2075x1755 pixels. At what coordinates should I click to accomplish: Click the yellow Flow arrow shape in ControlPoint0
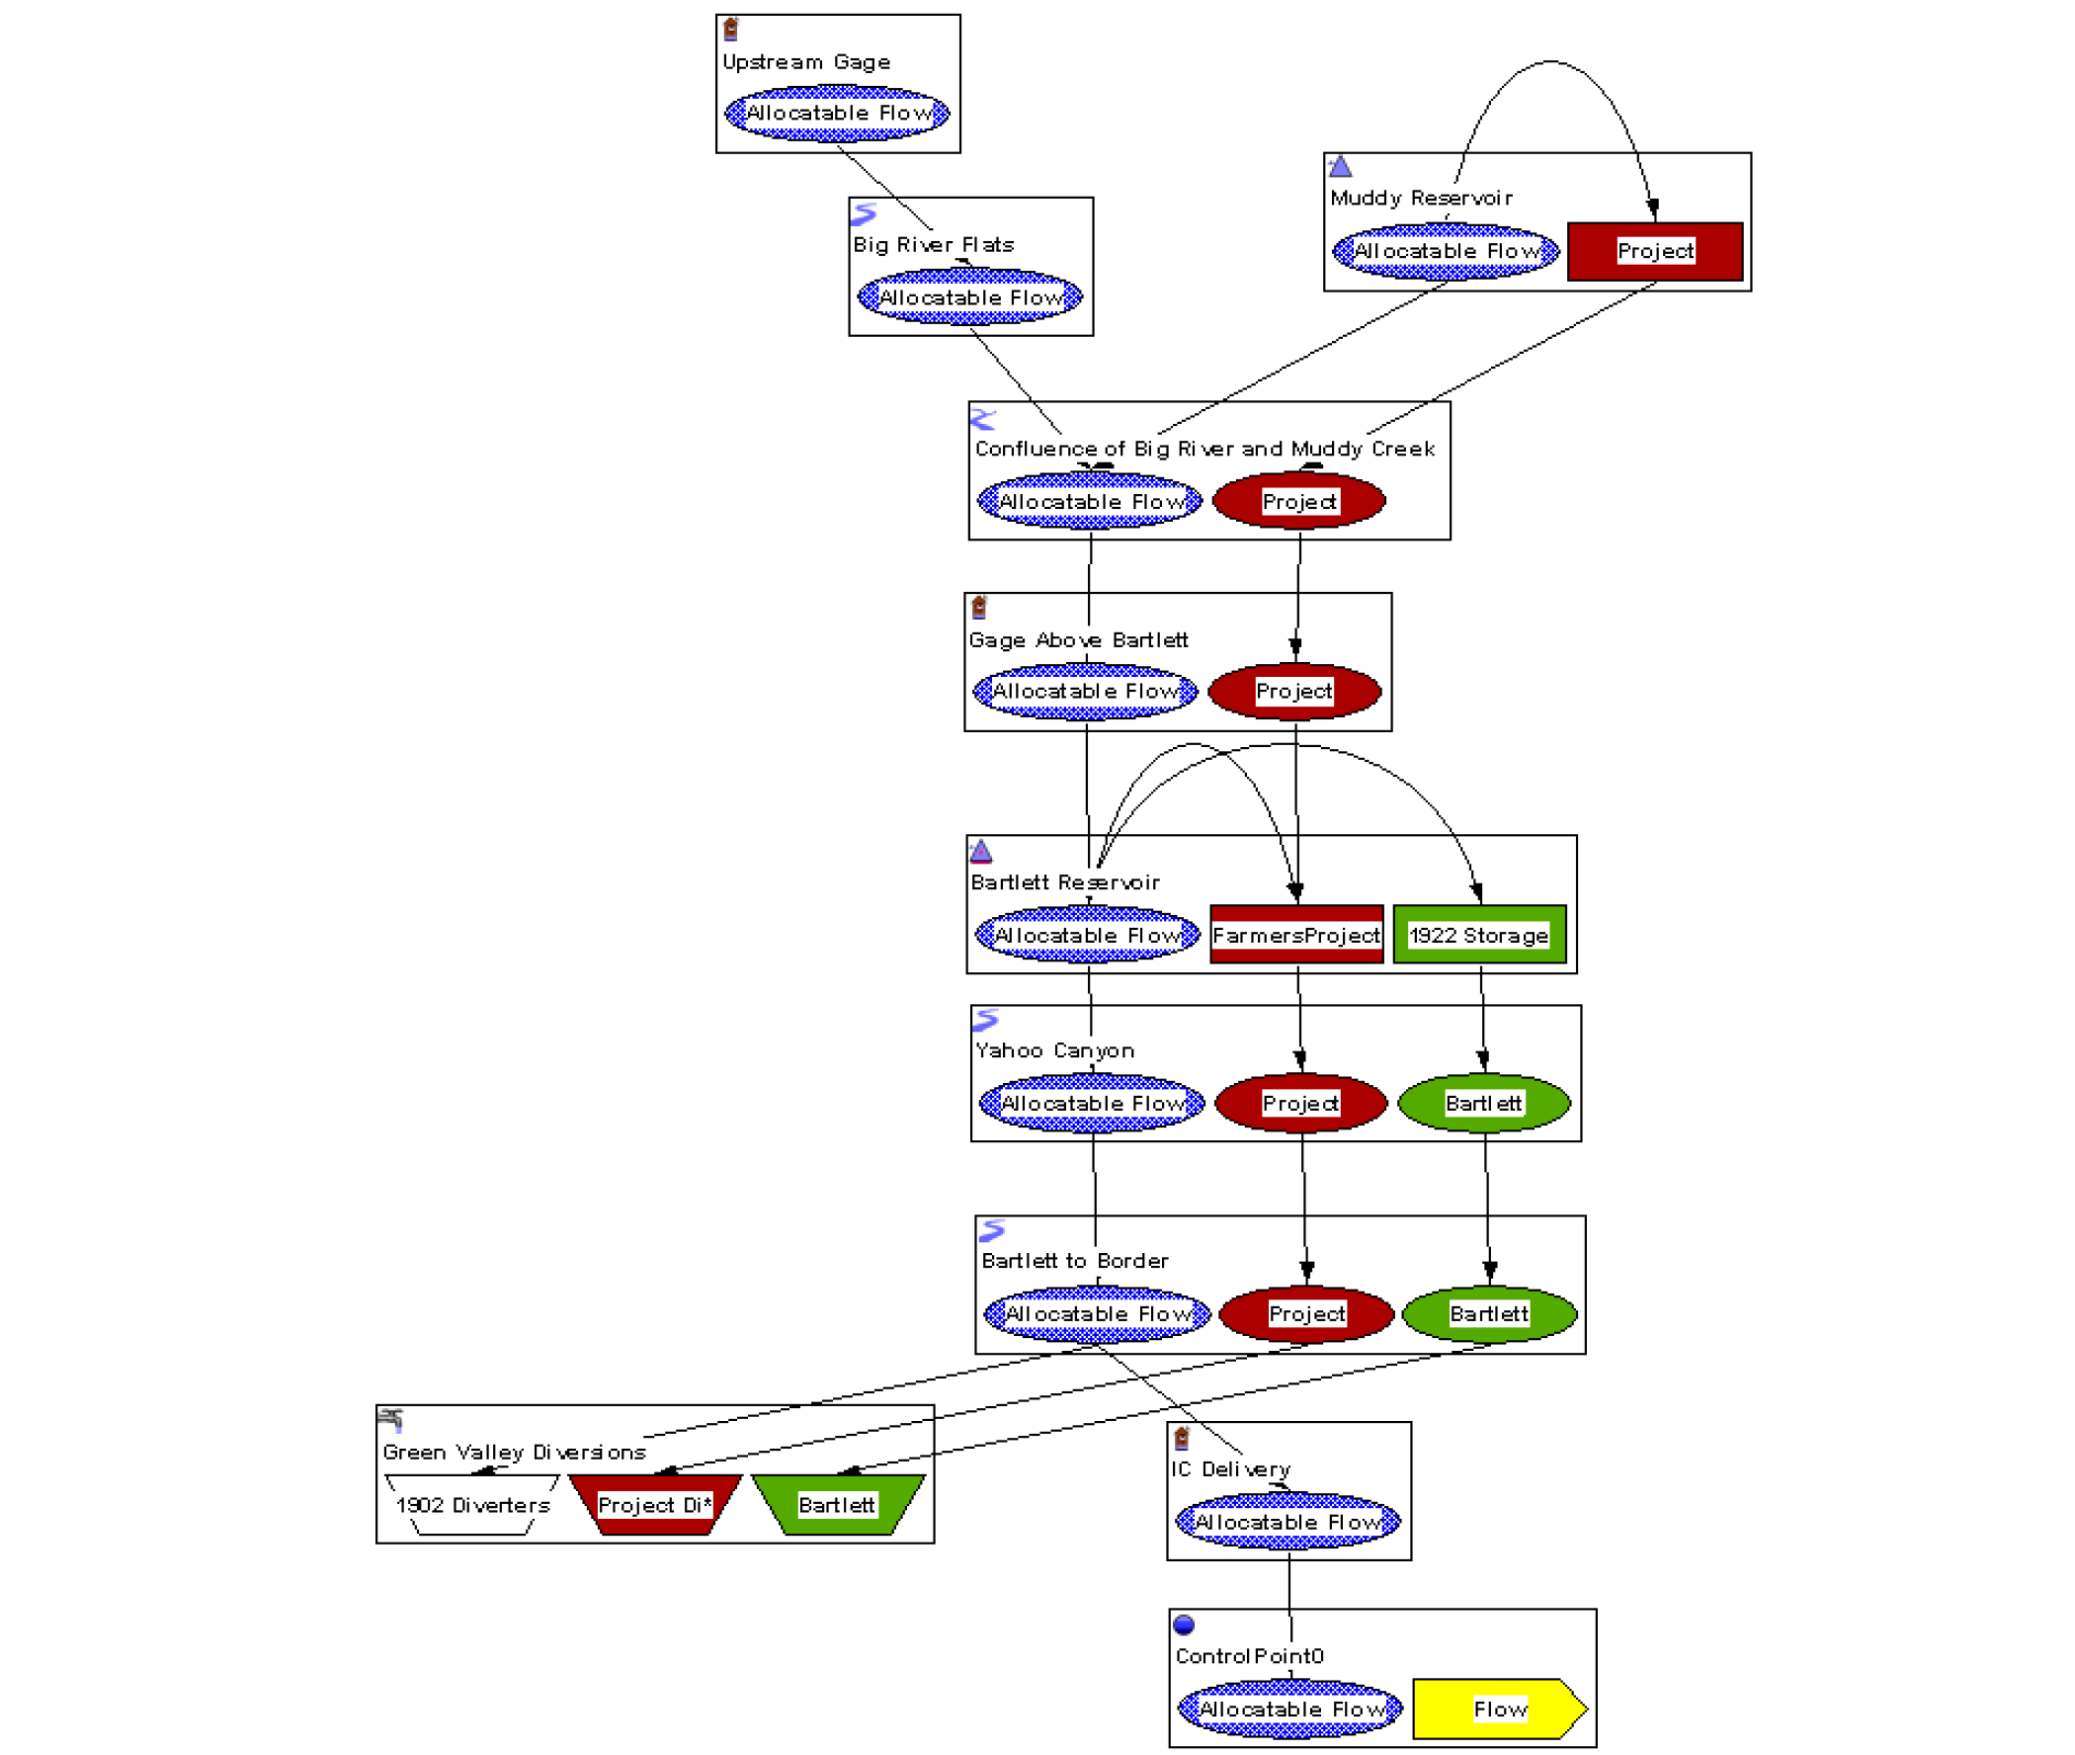pos(1498,1709)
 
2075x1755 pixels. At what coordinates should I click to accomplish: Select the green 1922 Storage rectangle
pos(1479,934)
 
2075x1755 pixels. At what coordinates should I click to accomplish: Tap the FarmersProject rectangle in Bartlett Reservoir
pos(1296,934)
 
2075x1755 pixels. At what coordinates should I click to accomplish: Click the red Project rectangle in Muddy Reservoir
pos(1654,251)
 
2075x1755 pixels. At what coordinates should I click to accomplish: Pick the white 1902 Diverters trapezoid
pos(472,1504)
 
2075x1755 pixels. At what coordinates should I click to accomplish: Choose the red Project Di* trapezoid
pos(654,1504)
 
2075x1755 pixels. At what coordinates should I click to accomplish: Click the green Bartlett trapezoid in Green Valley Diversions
pos(837,1504)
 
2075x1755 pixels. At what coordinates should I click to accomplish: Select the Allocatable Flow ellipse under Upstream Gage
pos(838,114)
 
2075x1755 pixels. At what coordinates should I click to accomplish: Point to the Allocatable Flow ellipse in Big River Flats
pos(970,297)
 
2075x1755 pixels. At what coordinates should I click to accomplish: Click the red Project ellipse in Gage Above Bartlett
pos(1294,691)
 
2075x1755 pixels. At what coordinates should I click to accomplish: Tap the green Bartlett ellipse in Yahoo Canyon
pos(1483,1103)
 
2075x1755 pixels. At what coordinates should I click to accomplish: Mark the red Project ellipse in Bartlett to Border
pos(1306,1313)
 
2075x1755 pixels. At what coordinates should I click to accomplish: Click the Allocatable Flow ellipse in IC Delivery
pos(1287,1521)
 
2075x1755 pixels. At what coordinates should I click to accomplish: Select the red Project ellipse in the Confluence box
pos(1299,501)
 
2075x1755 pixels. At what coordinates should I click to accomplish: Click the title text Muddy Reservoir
pos(1421,198)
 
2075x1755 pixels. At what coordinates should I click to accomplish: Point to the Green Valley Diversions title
pos(514,1452)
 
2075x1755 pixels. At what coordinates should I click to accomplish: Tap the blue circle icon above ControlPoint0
pos(1184,1625)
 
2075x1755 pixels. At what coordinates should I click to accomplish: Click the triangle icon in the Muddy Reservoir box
pos(1340,166)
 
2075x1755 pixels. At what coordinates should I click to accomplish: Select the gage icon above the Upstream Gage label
pos(731,29)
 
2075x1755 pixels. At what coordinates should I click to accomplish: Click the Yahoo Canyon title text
pos(1054,1049)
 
